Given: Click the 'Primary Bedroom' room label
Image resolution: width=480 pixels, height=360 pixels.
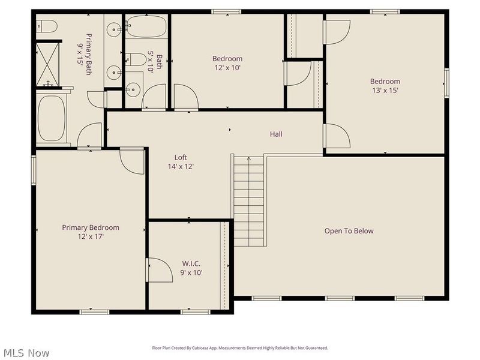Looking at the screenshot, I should pyautogui.click(x=91, y=227).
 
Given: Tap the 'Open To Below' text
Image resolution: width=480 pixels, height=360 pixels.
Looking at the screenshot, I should pyautogui.click(x=349, y=231).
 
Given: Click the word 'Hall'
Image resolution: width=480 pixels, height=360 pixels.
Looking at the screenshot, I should pyautogui.click(x=276, y=134).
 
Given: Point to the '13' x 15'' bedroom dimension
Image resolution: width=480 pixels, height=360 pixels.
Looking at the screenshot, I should pyautogui.click(x=385, y=91).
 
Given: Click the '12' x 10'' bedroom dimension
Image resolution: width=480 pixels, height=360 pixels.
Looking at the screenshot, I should pyautogui.click(x=227, y=68).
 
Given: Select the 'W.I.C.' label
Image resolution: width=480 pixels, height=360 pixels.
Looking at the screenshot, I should pyautogui.click(x=191, y=263).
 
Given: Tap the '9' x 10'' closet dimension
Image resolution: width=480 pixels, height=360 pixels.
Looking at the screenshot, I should pyautogui.click(x=191, y=272).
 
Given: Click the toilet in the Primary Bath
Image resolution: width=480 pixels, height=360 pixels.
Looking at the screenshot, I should pyautogui.click(x=47, y=26).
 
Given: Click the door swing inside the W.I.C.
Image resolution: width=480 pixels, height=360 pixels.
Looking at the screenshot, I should pyautogui.click(x=157, y=270).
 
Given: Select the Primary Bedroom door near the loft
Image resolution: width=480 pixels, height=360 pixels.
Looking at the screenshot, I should pyautogui.click(x=131, y=159).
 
